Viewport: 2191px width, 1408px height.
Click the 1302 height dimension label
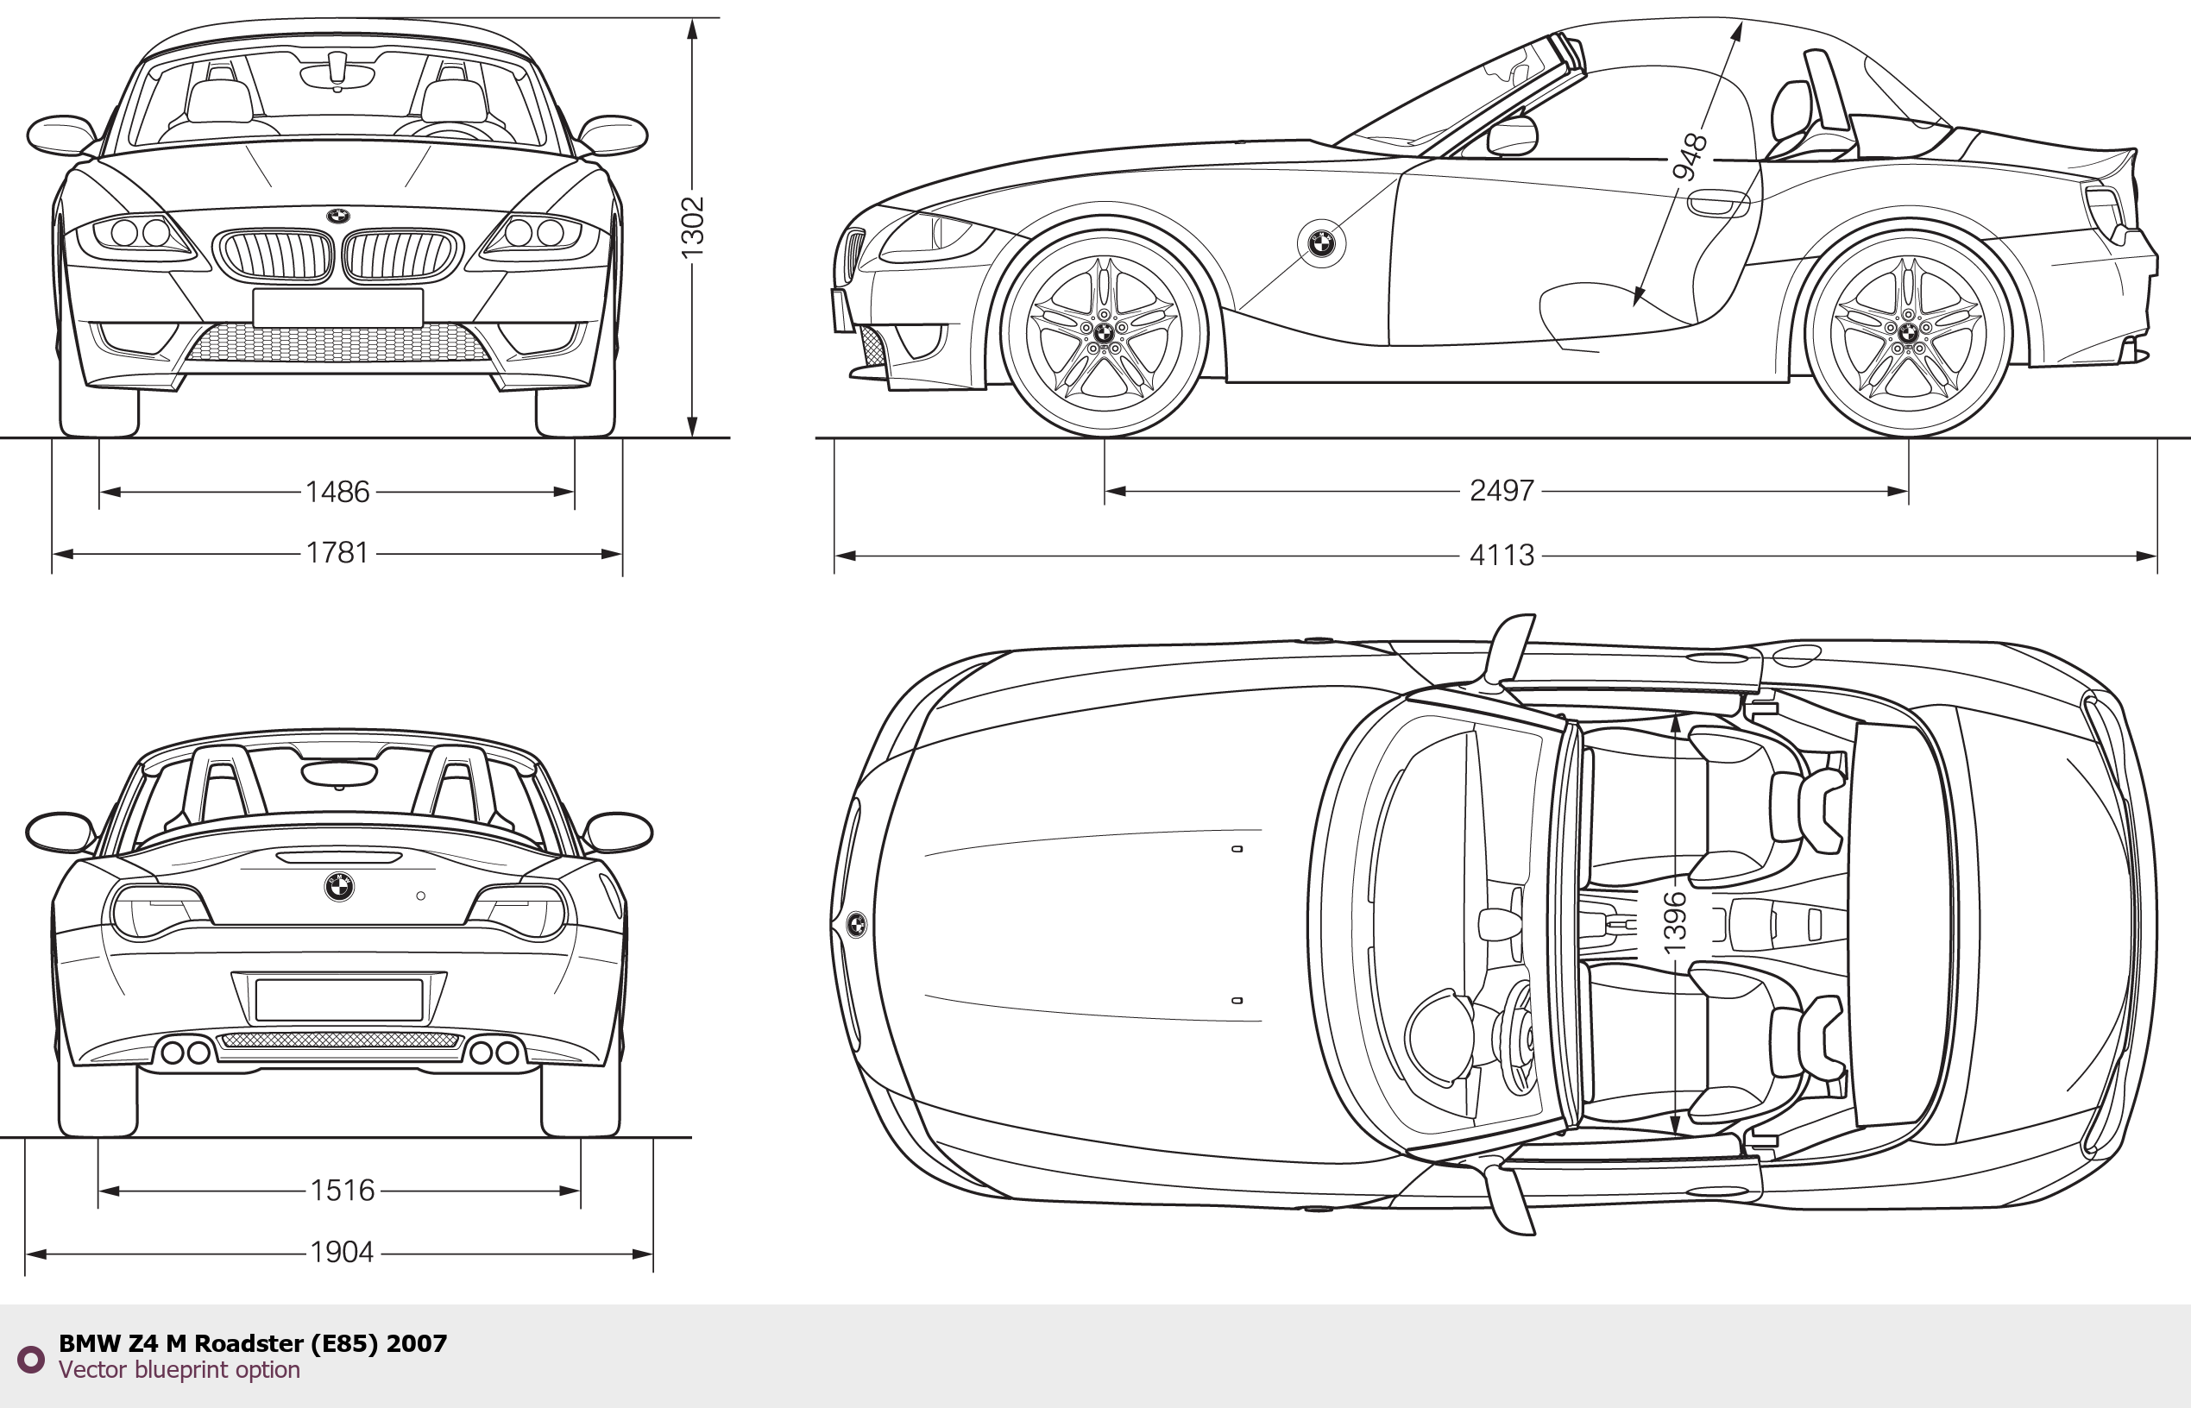pos(692,227)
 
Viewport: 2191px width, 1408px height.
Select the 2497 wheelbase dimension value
pos(1501,491)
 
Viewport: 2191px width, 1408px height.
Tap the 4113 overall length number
pos(1501,555)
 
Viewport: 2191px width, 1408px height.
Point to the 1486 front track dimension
pos(337,492)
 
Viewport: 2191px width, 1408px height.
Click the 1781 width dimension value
pos(337,553)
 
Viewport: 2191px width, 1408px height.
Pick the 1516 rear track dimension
pos(342,1191)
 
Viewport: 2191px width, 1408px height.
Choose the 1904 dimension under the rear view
pos(342,1252)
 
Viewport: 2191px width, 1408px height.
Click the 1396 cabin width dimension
pos(1673,923)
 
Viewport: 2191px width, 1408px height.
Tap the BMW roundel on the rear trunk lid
pos(338,886)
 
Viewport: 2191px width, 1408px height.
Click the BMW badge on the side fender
pos(1321,243)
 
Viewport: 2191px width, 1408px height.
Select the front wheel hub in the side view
pos(1104,333)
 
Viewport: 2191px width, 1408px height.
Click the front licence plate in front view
pos(337,307)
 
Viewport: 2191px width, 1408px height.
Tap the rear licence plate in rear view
pos(338,1000)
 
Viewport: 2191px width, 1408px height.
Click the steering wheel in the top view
pos(1516,1037)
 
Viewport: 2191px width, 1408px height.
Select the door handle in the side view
pos(1716,204)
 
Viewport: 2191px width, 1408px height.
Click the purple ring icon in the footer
pos(30,1359)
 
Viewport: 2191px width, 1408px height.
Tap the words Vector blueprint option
pos(179,1369)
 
